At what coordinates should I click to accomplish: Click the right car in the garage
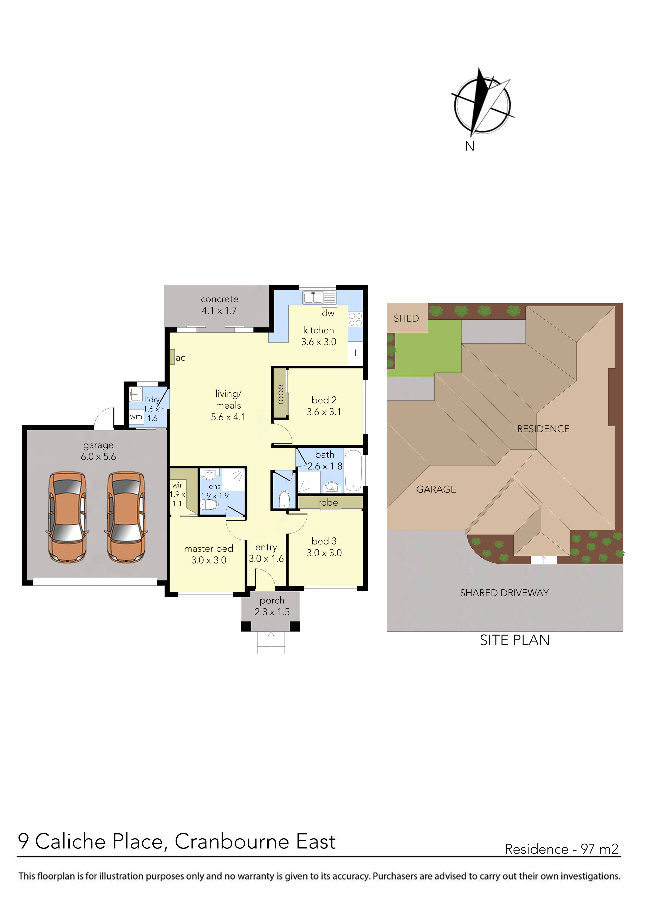tap(126, 517)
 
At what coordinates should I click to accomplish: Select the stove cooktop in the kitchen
tap(355, 319)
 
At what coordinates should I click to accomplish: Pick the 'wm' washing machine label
tap(136, 417)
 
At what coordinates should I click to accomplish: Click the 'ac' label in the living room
tap(180, 358)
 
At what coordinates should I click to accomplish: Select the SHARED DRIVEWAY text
tap(504, 593)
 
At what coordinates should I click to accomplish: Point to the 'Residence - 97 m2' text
tap(562, 849)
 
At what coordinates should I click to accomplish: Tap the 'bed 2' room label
tap(324, 400)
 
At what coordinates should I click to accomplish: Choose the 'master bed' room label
tap(209, 548)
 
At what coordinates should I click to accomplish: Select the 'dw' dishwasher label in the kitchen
tap(328, 313)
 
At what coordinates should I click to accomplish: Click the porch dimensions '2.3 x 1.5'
tap(272, 612)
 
